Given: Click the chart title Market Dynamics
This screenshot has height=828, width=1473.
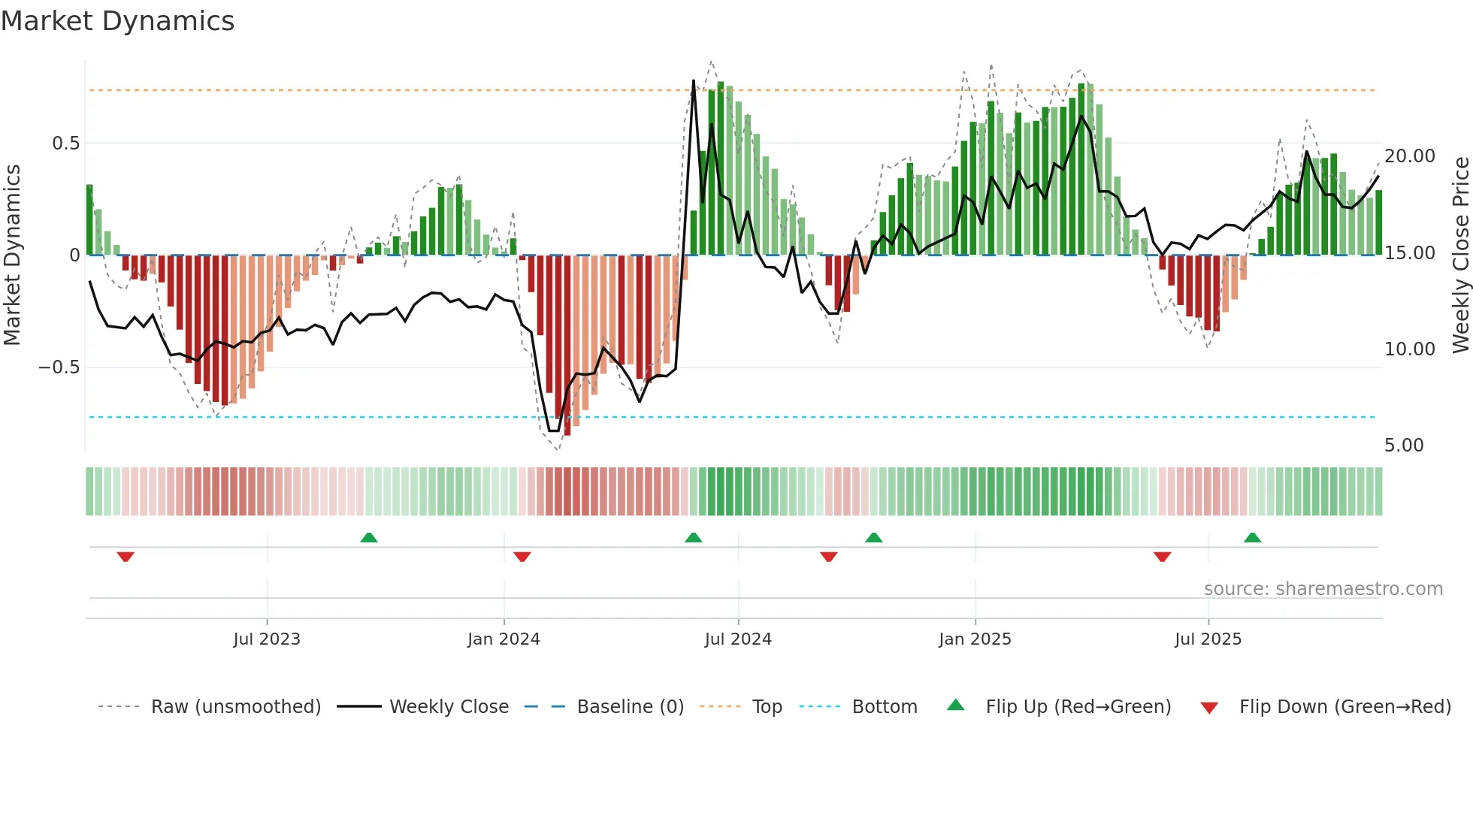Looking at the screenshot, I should pyautogui.click(x=117, y=21).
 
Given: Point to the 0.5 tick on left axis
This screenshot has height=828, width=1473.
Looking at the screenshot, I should pyautogui.click(x=65, y=144).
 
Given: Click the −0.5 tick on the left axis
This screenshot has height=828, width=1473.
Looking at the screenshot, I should pyautogui.click(x=59, y=367).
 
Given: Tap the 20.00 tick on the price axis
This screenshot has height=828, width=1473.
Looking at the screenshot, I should pyautogui.click(x=1410, y=156).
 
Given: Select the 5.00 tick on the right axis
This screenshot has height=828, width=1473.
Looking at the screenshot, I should pyautogui.click(x=1404, y=446).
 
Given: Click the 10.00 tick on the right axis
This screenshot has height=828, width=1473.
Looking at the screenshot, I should pyautogui.click(x=1410, y=349).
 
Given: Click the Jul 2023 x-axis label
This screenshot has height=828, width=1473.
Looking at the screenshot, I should pyautogui.click(x=267, y=639).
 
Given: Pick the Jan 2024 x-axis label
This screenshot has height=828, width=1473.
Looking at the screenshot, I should pyautogui.click(x=504, y=639).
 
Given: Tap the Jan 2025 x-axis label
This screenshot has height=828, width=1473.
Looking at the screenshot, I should pyautogui.click(x=975, y=639).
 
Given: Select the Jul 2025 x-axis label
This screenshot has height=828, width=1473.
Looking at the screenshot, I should pyautogui.click(x=1208, y=639).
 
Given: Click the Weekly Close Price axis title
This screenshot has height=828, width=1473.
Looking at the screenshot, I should pyautogui.click(x=1460, y=255).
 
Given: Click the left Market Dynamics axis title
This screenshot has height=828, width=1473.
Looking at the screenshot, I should pyautogui.click(x=12, y=255).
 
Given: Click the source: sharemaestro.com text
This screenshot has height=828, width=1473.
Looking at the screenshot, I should pyautogui.click(x=1323, y=589).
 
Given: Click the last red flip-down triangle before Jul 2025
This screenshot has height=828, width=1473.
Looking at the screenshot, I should pyautogui.click(x=1162, y=557).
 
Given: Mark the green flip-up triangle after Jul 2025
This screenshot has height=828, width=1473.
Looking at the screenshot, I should pyautogui.click(x=1252, y=538).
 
